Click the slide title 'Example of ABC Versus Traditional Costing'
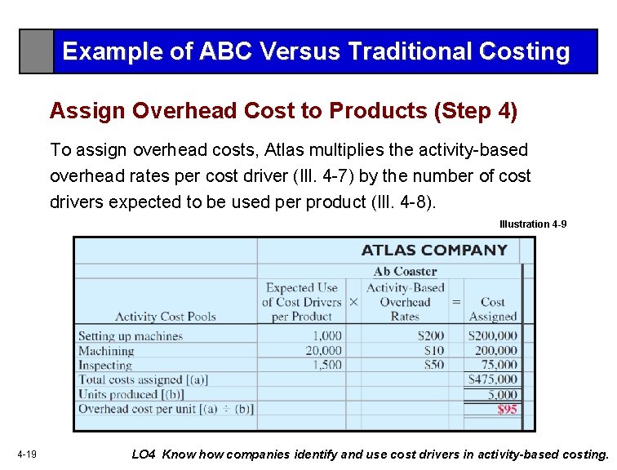[316, 51]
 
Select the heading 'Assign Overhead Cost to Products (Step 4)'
[283, 111]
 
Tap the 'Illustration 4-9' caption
[533, 224]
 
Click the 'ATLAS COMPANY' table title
[434, 251]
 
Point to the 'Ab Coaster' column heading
[405, 271]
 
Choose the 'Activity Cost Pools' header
[165, 317]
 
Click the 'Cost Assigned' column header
[492, 309]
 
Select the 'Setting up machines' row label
[131, 336]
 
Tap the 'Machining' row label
[106, 351]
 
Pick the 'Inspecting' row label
[105, 366]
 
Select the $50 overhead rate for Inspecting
[433, 366]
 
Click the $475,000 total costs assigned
[492, 379]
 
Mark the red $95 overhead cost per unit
[507, 410]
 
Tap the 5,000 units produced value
[502, 395]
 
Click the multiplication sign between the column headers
[353, 302]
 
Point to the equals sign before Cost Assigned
[455, 302]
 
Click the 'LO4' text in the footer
[144, 454]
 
